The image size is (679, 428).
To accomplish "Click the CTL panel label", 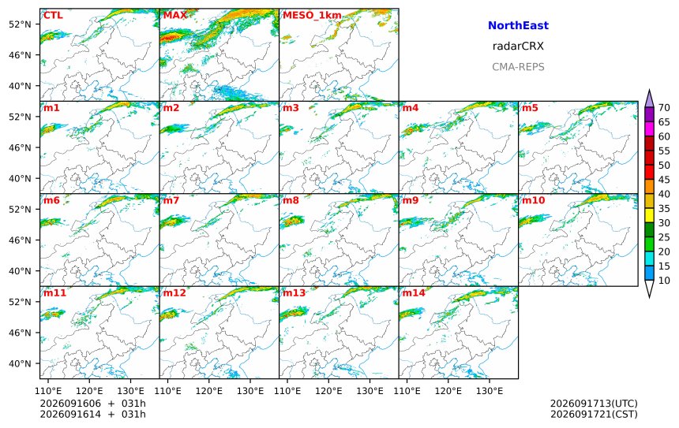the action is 53,16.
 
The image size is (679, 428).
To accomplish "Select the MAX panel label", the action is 174,16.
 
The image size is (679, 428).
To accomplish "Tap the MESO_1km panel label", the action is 312,16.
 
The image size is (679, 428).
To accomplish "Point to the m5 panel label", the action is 530,108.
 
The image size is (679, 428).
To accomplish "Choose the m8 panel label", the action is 291,200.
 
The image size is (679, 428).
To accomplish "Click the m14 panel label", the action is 414,293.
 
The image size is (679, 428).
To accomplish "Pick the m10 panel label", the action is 533,200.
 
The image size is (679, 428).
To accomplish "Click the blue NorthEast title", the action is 518,25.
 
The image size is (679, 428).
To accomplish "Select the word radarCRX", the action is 518,47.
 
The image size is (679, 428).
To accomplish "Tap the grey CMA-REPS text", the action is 518,67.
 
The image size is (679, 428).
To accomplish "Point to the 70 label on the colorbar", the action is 664,108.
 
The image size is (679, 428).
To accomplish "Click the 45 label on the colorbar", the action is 664,180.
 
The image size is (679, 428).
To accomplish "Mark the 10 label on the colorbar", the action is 664,281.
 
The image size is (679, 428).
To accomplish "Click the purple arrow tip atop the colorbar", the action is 649,90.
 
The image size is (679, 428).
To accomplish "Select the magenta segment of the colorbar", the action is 649,128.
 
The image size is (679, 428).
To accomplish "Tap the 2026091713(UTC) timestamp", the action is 594,404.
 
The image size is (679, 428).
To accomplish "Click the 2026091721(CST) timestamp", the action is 594,414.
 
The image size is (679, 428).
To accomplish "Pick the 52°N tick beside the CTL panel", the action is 20,24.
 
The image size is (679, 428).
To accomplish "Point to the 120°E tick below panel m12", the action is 208,391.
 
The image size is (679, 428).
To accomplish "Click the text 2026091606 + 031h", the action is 92,404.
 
